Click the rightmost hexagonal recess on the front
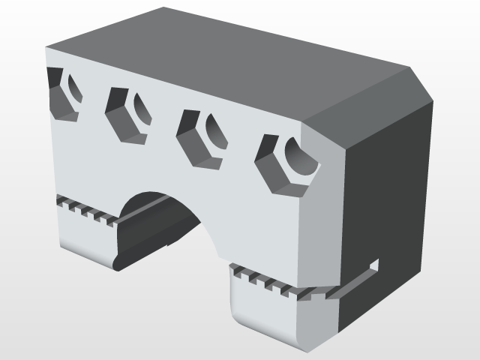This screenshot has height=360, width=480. tap(285, 166)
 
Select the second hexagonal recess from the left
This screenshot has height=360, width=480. tap(127, 114)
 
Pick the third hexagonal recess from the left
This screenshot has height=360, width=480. tap(201, 139)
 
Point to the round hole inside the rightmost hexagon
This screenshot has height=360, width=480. tap(301, 158)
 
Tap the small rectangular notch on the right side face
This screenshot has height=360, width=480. tap(376, 264)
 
